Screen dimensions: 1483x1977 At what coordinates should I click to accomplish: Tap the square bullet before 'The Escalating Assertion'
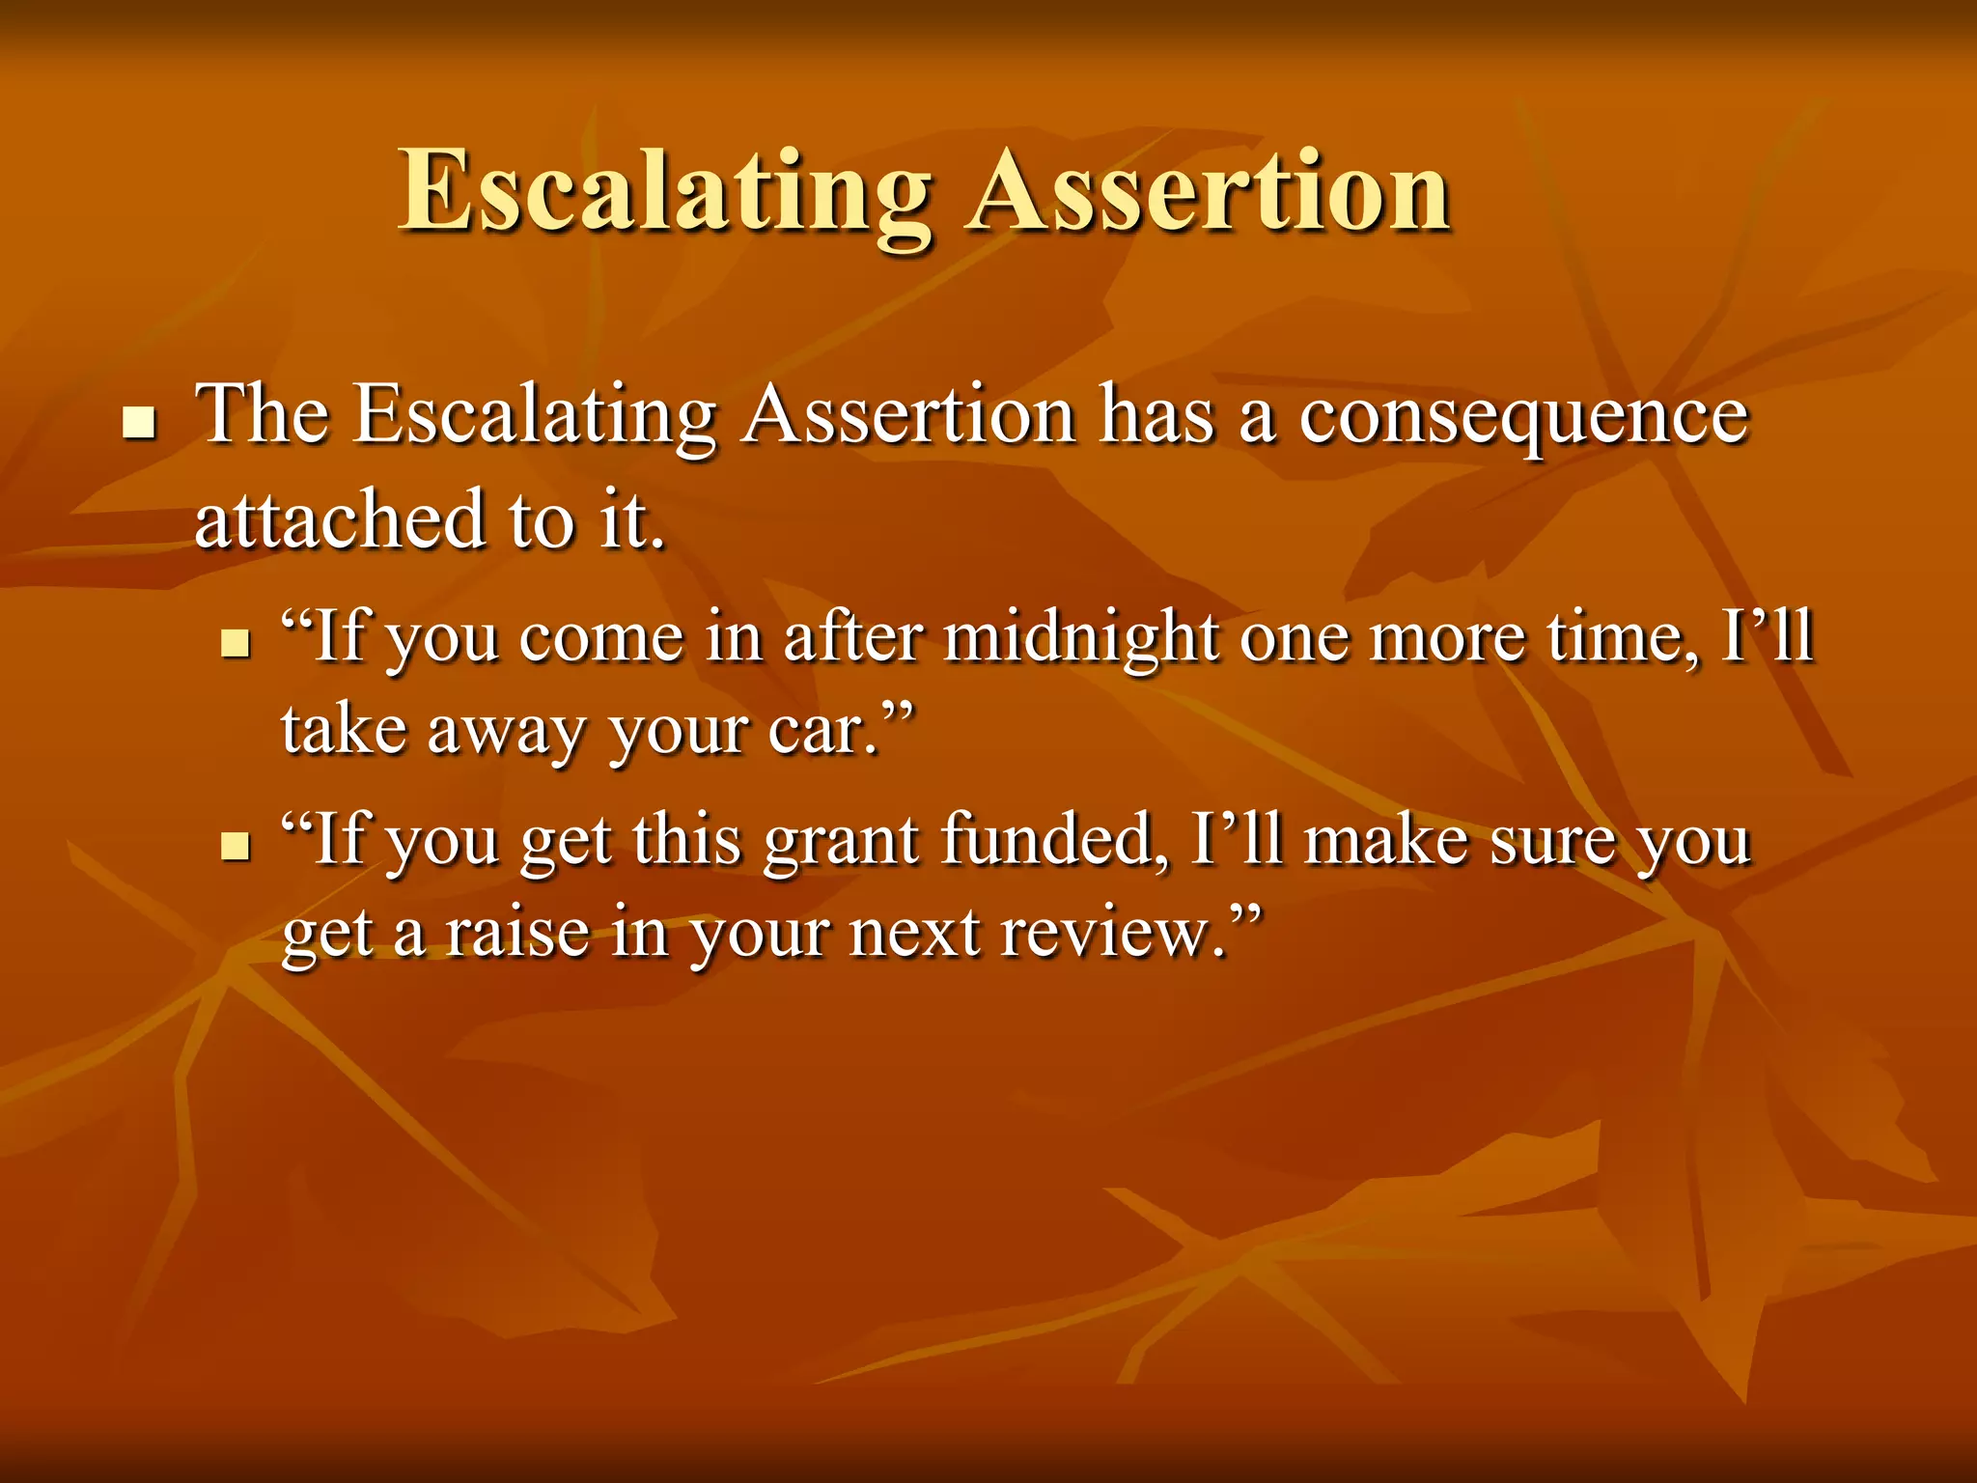(141, 423)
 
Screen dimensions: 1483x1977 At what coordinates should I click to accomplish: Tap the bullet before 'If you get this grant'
(235, 846)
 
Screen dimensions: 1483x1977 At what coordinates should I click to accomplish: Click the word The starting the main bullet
(262, 415)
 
